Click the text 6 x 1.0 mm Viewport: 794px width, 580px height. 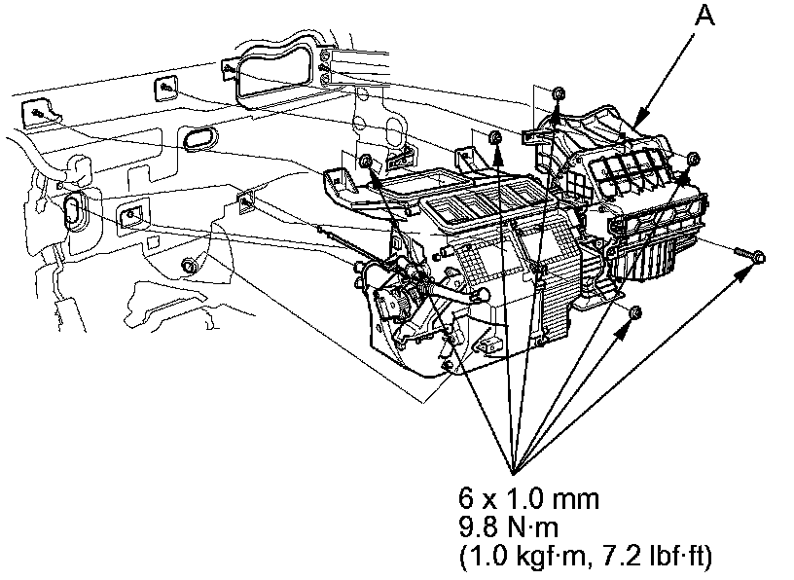528,502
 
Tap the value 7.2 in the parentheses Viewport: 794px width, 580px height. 623,558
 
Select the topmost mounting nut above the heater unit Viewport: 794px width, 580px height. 558,94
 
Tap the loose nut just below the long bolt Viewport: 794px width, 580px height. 634,313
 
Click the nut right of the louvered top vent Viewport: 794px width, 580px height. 692,160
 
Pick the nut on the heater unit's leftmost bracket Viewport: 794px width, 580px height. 366,161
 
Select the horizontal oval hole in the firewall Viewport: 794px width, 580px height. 200,137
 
